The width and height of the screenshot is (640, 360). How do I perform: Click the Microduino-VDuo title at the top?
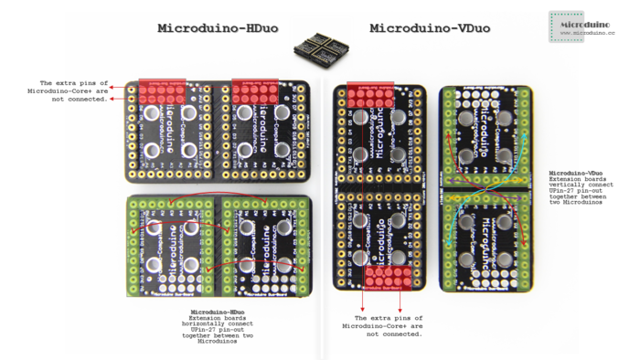(430, 28)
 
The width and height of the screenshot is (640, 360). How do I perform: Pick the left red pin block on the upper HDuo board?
(162, 90)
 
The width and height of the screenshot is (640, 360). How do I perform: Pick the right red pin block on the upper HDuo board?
(255, 90)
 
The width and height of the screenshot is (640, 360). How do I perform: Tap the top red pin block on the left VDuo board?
(370, 94)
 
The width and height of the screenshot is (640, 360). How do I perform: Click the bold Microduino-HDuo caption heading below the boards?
(217, 312)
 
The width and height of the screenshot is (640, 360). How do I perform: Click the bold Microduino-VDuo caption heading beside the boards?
(575, 172)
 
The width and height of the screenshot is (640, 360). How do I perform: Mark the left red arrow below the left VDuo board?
(364, 302)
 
